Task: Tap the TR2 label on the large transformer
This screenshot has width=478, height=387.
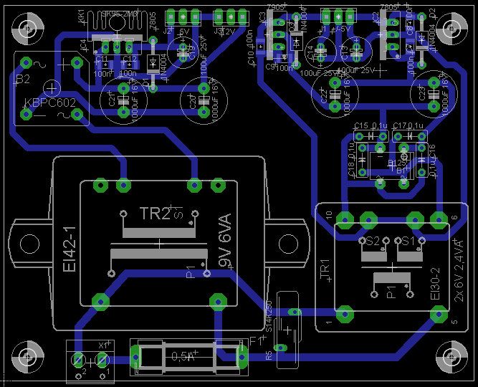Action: [134, 214]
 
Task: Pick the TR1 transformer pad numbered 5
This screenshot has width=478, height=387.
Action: [436, 313]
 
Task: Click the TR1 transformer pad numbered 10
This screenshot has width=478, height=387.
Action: [345, 218]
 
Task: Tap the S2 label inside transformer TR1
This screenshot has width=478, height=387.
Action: [372, 241]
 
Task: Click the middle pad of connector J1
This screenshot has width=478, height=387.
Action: [336, 15]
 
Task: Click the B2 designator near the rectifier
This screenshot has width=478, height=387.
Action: [23, 77]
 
